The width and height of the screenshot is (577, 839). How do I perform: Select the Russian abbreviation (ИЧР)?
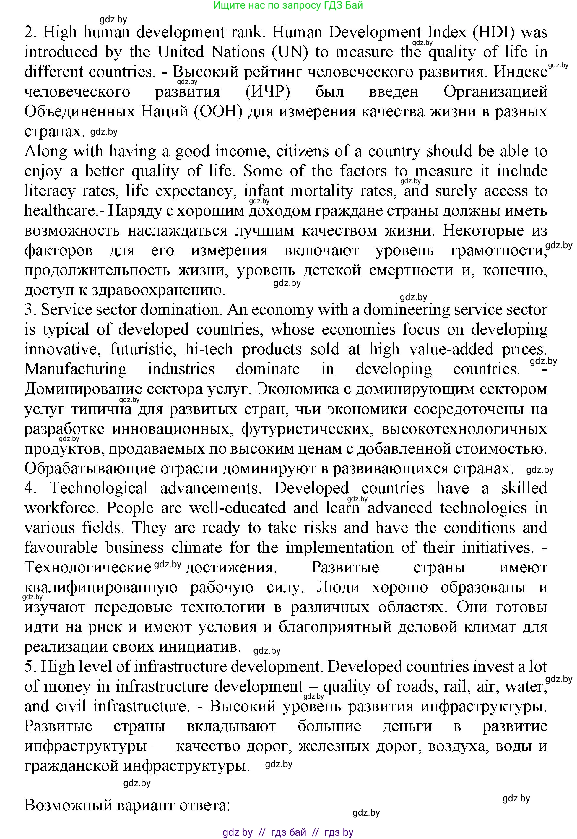(268, 92)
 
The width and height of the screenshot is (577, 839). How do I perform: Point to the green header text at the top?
(288, 5)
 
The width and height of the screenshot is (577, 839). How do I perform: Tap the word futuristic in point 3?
(143, 349)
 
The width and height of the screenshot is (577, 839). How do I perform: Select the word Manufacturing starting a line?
(75, 369)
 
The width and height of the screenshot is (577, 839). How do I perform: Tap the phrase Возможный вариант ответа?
(127, 805)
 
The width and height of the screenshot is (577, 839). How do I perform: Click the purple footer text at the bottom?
(288, 832)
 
